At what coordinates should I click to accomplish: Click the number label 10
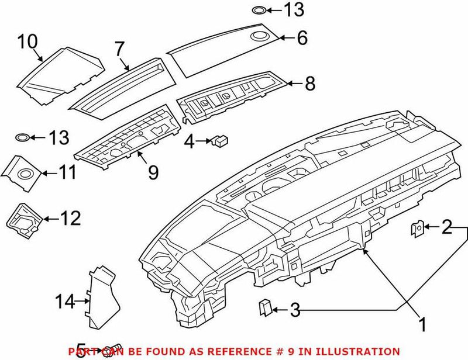(x=27, y=41)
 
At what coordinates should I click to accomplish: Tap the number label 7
(x=120, y=49)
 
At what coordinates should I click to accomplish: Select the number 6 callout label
(x=301, y=39)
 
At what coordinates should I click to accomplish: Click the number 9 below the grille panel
(x=153, y=172)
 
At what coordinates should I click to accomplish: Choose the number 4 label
(x=189, y=141)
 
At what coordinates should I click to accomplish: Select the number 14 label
(x=66, y=302)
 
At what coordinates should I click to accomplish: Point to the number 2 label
(x=447, y=227)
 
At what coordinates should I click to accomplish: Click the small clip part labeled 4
(x=221, y=140)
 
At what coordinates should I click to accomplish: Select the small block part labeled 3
(x=265, y=307)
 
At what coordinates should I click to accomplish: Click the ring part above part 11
(x=22, y=137)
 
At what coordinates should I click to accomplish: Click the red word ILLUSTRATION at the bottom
(x=362, y=351)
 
